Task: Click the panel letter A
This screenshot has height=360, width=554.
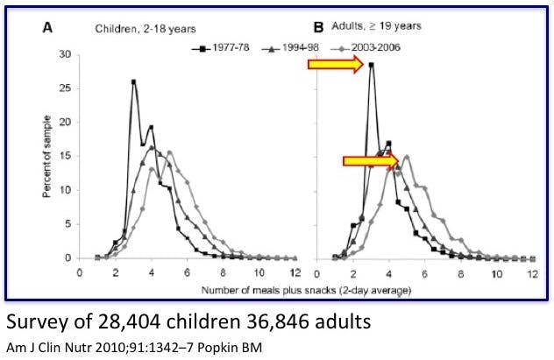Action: [x=50, y=28]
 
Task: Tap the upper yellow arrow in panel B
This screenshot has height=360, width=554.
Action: [x=335, y=64]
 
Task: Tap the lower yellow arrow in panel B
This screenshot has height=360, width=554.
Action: [x=370, y=160]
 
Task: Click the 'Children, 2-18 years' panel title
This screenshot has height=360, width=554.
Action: [x=134, y=28]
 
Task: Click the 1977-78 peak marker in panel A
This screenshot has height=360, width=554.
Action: [x=133, y=82]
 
